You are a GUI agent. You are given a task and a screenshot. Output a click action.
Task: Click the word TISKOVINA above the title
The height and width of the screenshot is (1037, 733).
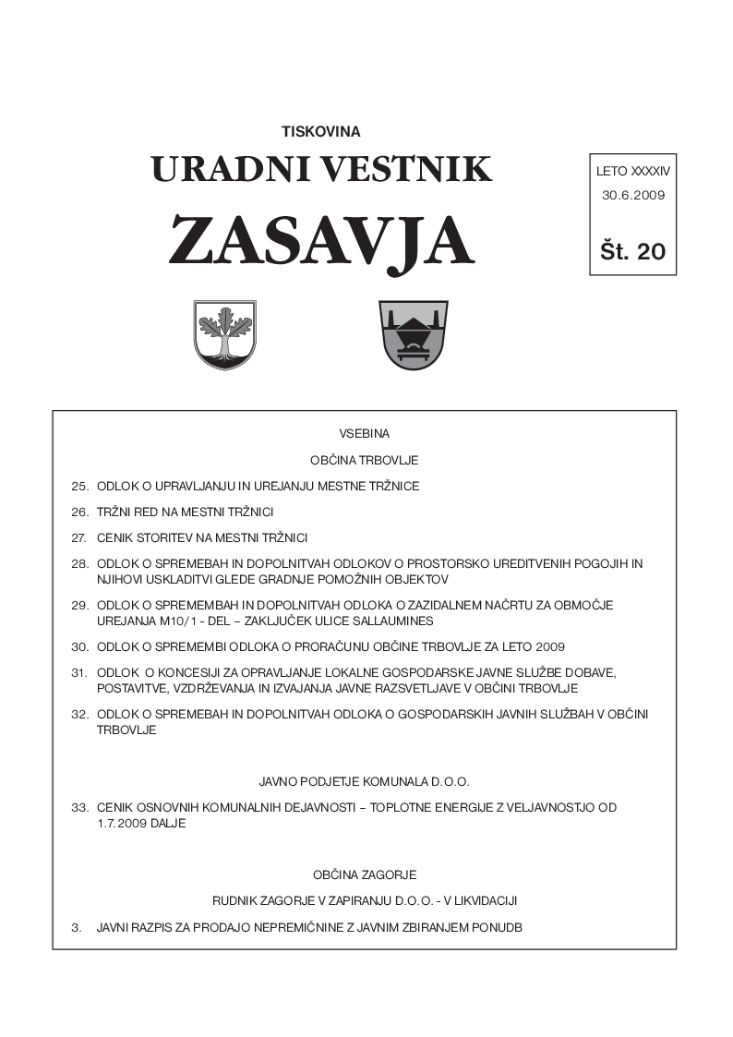[x=320, y=131]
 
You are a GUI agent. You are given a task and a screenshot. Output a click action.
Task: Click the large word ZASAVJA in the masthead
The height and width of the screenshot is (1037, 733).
[x=320, y=242]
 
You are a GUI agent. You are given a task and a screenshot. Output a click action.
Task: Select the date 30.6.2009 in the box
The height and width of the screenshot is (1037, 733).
[x=632, y=195]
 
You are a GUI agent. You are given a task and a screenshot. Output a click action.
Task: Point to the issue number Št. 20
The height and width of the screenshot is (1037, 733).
[x=632, y=250]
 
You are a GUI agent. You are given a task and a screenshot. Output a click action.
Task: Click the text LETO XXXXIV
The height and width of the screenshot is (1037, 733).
[x=632, y=171]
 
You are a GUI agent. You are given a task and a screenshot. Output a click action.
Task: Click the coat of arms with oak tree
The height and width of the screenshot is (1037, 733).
[x=224, y=334]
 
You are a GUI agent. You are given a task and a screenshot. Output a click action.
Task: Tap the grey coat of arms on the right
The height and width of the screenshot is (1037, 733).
[x=413, y=334]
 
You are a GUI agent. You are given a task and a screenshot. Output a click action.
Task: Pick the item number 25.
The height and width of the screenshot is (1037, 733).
[x=78, y=486]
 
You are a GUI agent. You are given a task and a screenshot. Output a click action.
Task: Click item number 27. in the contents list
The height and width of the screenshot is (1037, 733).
[x=78, y=537]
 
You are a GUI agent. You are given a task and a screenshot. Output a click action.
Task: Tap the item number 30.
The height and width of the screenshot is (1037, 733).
[x=78, y=646]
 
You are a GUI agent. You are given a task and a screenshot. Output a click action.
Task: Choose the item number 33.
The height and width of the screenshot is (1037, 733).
[x=78, y=807]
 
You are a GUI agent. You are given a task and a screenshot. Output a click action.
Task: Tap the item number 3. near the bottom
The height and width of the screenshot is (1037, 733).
[x=76, y=926]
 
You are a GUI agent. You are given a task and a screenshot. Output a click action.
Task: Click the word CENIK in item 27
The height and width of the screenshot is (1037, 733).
[x=114, y=537]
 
